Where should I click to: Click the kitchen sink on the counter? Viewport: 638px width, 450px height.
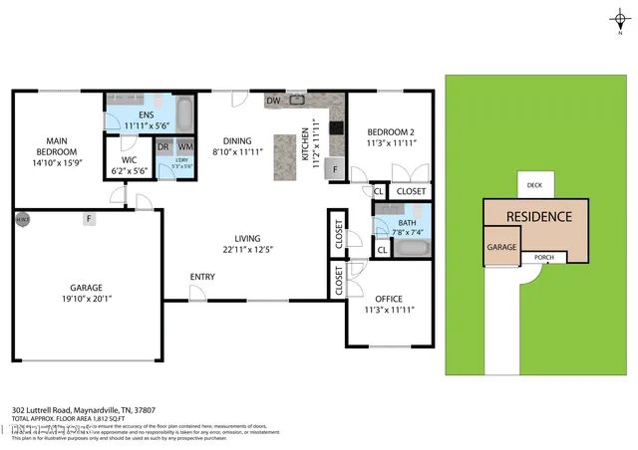pyautogui.click(x=297, y=100)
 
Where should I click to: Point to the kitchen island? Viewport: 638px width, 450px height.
pyautogui.click(x=287, y=156)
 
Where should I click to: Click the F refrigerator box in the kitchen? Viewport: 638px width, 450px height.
pyautogui.click(x=334, y=169)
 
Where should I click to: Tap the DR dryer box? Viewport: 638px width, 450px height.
pyautogui.click(x=163, y=146)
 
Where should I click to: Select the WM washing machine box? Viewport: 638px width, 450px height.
pyautogui.click(x=185, y=146)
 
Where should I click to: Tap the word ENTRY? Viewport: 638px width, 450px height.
pyautogui.click(x=203, y=277)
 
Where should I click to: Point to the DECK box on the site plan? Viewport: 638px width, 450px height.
pyautogui.click(x=534, y=185)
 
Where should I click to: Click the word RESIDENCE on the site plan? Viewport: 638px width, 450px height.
pyautogui.click(x=538, y=216)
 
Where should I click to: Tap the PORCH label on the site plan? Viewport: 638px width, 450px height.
pyautogui.click(x=544, y=257)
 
